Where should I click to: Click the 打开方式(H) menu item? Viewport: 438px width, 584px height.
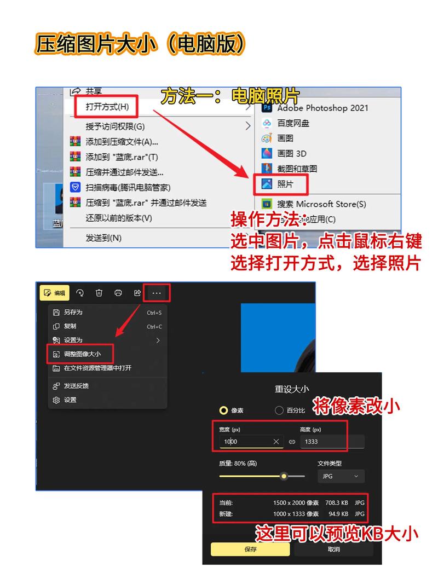tap(107, 106)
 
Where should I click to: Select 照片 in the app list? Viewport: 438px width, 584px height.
tap(285, 184)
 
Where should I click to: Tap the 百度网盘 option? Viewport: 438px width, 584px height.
tap(293, 123)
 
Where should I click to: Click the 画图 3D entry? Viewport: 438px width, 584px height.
tap(292, 153)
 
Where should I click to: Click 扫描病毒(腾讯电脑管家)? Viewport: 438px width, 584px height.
tap(128, 187)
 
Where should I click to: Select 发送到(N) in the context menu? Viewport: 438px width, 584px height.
tap(103, 238)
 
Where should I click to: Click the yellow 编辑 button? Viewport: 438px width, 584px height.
tap(54, 293)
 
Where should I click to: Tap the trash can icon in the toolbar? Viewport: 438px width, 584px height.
tap(99, 293)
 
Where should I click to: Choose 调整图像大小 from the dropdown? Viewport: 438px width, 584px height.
tap(82, 354)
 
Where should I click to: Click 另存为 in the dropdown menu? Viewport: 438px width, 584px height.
tap(73, 312)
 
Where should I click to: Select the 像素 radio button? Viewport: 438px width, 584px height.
tap(223, 410)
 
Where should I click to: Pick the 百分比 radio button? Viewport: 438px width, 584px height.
tap(279, 410)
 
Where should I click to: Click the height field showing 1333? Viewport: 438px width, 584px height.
tap(331, 441)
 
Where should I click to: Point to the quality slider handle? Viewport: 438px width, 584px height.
tap(284, 476)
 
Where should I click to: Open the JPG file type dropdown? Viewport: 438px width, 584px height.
tap(341, 476)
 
